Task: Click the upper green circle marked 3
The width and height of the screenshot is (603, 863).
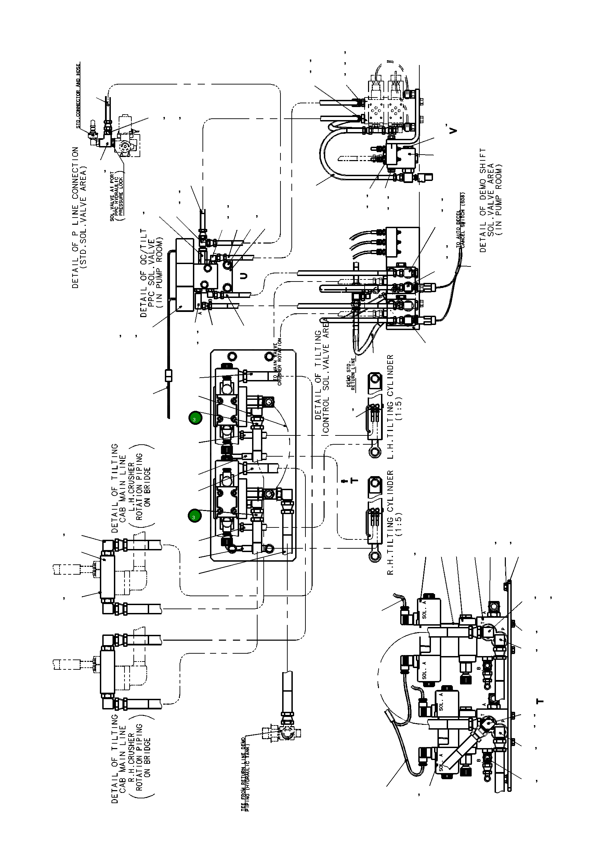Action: coord(195,418)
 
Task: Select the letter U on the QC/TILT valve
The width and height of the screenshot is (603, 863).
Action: coord(244,276)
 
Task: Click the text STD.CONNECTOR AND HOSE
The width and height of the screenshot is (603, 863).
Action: coord(79,96)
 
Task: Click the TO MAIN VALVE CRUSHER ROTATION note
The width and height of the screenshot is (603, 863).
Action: coord(277,362)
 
